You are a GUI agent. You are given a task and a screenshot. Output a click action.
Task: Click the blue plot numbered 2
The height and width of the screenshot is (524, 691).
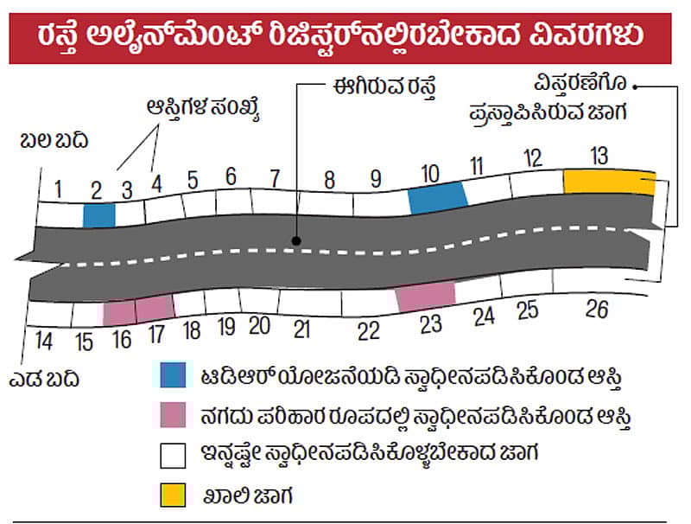[99, 214]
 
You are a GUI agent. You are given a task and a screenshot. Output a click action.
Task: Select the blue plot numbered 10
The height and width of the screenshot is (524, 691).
[437, 197]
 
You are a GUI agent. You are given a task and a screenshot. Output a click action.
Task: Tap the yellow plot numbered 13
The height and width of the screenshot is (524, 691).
[609, 182]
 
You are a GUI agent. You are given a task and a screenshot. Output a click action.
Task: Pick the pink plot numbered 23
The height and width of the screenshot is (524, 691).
[425, 297]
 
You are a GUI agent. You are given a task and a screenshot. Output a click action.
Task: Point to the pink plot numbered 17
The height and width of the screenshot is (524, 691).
[155, 308]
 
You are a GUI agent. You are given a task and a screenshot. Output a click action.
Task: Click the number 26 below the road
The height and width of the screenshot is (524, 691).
[597, 309]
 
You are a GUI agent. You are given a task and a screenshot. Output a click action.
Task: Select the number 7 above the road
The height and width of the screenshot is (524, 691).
[275, 180]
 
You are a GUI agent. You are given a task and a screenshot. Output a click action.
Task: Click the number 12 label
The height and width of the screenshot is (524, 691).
[533, 158]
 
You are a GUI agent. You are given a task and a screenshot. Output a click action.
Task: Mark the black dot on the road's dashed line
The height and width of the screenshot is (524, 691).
[295, 243]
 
